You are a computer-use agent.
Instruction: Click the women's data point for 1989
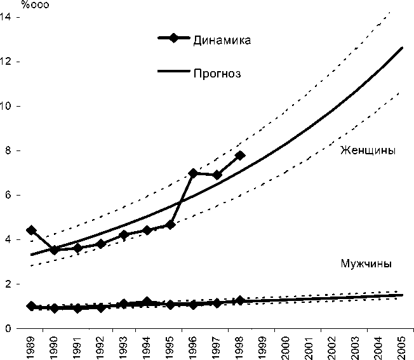tap(31, 230)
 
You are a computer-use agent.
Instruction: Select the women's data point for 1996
tap(194, 173)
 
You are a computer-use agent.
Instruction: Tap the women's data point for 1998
tap(240, 155)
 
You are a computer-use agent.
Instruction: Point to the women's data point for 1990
tap(55, 250)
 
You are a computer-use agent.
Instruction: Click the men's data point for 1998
tap(240, 300)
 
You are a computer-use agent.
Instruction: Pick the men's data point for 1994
tap(147, 302)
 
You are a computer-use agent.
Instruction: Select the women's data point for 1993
tap(124, 235)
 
